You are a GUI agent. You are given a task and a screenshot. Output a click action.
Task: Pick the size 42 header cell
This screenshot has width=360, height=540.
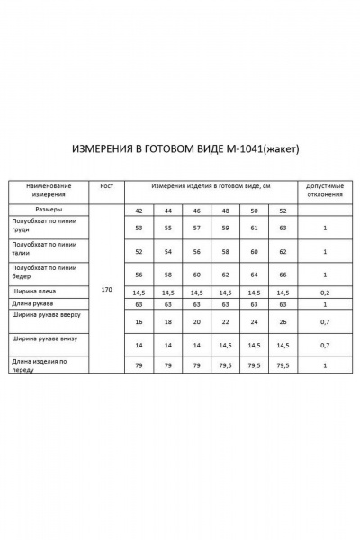point(139,211)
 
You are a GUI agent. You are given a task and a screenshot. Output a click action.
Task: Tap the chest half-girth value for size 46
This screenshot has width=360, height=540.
point(196,229)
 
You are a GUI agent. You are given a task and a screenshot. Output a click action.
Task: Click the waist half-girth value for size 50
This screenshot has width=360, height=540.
point(254,251)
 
